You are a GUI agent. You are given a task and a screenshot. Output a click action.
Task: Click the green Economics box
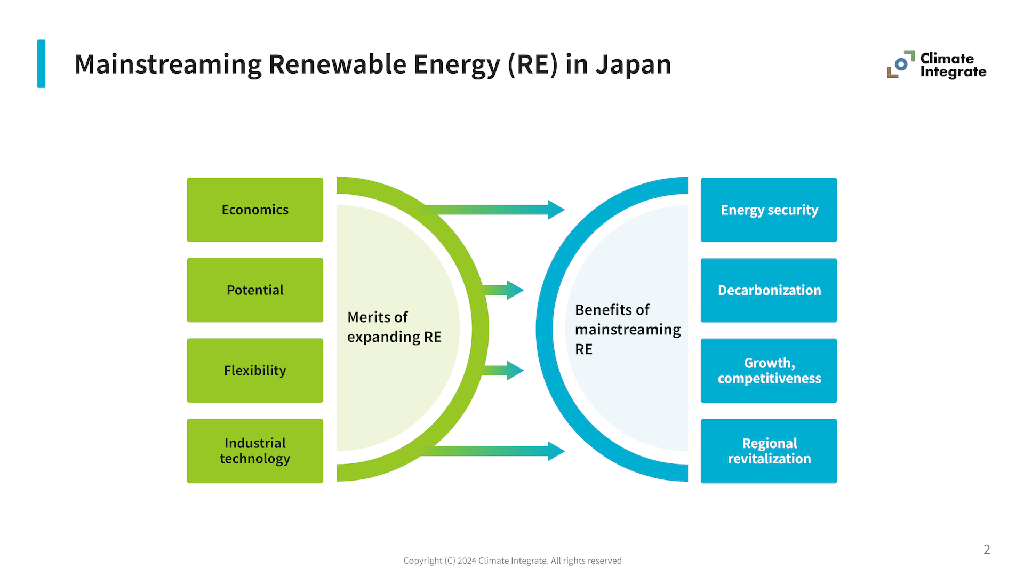click(x=255, y=210)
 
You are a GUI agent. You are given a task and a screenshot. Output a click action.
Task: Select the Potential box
click(x=255, y=290)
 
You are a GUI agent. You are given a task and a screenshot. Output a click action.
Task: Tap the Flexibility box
click(x=255, y=370)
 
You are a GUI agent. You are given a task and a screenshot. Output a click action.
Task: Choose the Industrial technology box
click(x=255, y=451)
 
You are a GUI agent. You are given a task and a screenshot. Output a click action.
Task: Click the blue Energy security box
click(x=769, y=210)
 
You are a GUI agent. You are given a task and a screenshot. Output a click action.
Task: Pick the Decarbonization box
click(x=769, y=290)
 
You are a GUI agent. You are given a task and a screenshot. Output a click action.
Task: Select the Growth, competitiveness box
click(x=769, y=370)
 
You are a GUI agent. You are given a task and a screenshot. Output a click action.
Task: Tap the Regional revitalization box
click(x=769, y=451)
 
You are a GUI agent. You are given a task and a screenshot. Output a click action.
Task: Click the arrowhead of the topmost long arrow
click(x=556, y=210)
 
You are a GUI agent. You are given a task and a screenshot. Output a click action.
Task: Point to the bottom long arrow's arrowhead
click(x=556, y=451)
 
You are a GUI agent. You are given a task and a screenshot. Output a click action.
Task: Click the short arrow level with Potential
click(x=504, y=290)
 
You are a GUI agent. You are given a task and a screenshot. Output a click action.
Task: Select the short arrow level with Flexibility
click(x=504, y=370)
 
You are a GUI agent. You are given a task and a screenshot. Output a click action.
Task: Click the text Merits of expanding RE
click(x=394, y=327)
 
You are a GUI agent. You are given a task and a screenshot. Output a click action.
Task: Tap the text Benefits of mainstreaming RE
click(x=627, y=329)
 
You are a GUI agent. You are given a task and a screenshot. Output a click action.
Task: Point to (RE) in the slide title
click(x=533, y=65)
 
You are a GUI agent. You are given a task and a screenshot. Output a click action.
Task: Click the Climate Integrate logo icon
click(x=901, y=65)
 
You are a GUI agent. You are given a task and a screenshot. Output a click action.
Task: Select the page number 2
click(x=986, y=549)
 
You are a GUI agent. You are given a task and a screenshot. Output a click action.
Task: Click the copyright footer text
click(x=512, y=561)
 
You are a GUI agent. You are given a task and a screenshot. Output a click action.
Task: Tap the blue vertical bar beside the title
click(x=41, y=63)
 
